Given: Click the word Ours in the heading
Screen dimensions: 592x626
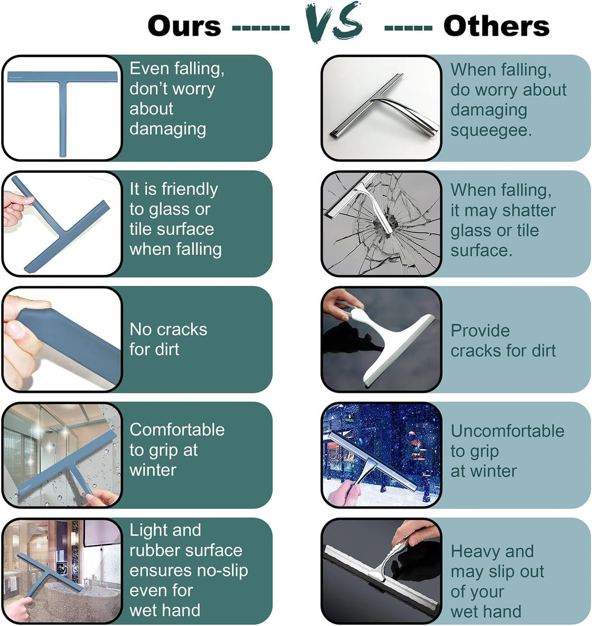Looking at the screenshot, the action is tap(184, 27).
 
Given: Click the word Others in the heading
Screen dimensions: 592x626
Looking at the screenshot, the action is tap(497, 27).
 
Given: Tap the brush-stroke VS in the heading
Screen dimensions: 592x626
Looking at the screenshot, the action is tap(335, 21).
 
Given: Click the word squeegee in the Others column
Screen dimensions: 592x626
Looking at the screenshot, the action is tap(491, 131).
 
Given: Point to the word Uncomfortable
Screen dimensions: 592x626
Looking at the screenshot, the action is tap(508, 431).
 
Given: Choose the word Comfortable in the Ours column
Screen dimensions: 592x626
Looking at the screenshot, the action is tap(177, 430).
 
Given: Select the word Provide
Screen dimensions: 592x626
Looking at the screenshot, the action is tap(480, 331).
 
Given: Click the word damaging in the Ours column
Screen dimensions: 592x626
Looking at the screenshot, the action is tap(168, 129).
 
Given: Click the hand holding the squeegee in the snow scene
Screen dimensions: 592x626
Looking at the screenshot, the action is tap(343, 493).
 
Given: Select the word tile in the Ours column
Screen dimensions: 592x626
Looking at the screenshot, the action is tap(139, 229).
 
